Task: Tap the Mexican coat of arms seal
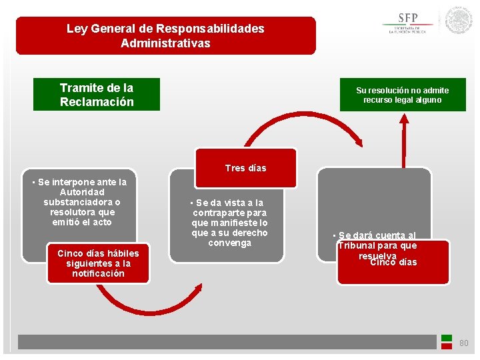tap(459, 21)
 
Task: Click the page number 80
tap(463, 343)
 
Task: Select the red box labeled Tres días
tap(245, 168)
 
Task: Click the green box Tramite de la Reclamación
tap(97, 95)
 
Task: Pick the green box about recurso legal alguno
tap(402, 95)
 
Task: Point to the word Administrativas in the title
tap(165, 43)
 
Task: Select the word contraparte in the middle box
tap(229, 213)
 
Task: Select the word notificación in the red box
tap(98, 273)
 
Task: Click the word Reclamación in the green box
tap(97, 102)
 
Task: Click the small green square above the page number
tap(447, 338)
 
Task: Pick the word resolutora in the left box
tap(72, 212)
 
